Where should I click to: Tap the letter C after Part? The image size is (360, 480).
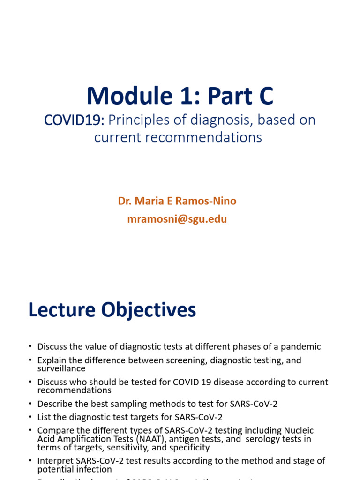(x=264, y=96)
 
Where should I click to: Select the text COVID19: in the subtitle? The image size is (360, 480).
(x=74, y=120)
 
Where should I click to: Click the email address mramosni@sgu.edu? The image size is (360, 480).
(x=177, y=219)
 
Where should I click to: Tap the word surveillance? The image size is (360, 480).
(x=61, y=368)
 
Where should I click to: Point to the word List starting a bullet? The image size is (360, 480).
(x=44, y=417)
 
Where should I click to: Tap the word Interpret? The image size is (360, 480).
(x=55, y=461)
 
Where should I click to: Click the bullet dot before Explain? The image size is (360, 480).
(x=30, y=360)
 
